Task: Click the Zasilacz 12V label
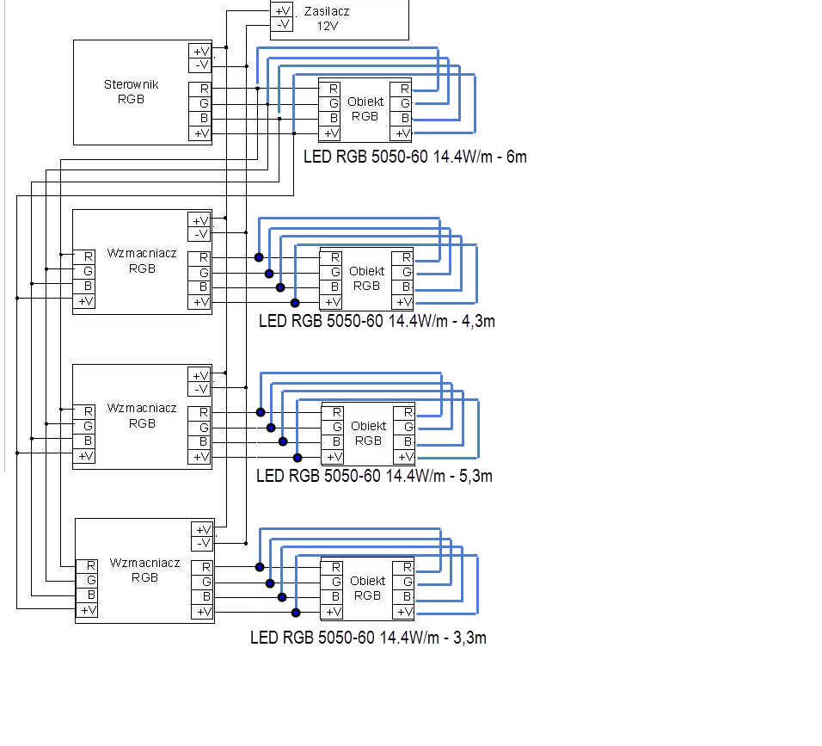(327, 18)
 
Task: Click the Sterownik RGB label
(131, 92)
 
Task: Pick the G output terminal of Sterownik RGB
(200, 104)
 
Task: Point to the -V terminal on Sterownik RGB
(200, 65)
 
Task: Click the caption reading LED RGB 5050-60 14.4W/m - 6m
(415, 157)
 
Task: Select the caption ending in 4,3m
(377, 321)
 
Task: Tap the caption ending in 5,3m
(374, 476)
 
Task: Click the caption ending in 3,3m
(369, 638)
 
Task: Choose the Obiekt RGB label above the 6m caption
(365, 109)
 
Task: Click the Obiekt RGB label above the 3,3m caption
(367, 588)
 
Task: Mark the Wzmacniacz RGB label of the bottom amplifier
(144, 570)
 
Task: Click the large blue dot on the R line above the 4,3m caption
(259, 257)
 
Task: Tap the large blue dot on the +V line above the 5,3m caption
(298, 458)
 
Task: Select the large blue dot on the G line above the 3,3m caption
(270, 583)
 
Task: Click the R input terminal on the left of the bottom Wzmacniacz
(87, 566)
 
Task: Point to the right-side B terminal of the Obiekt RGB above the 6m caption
(401, 119)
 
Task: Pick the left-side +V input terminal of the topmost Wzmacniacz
(84, 302)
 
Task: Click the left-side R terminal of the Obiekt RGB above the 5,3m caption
(333, 413)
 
